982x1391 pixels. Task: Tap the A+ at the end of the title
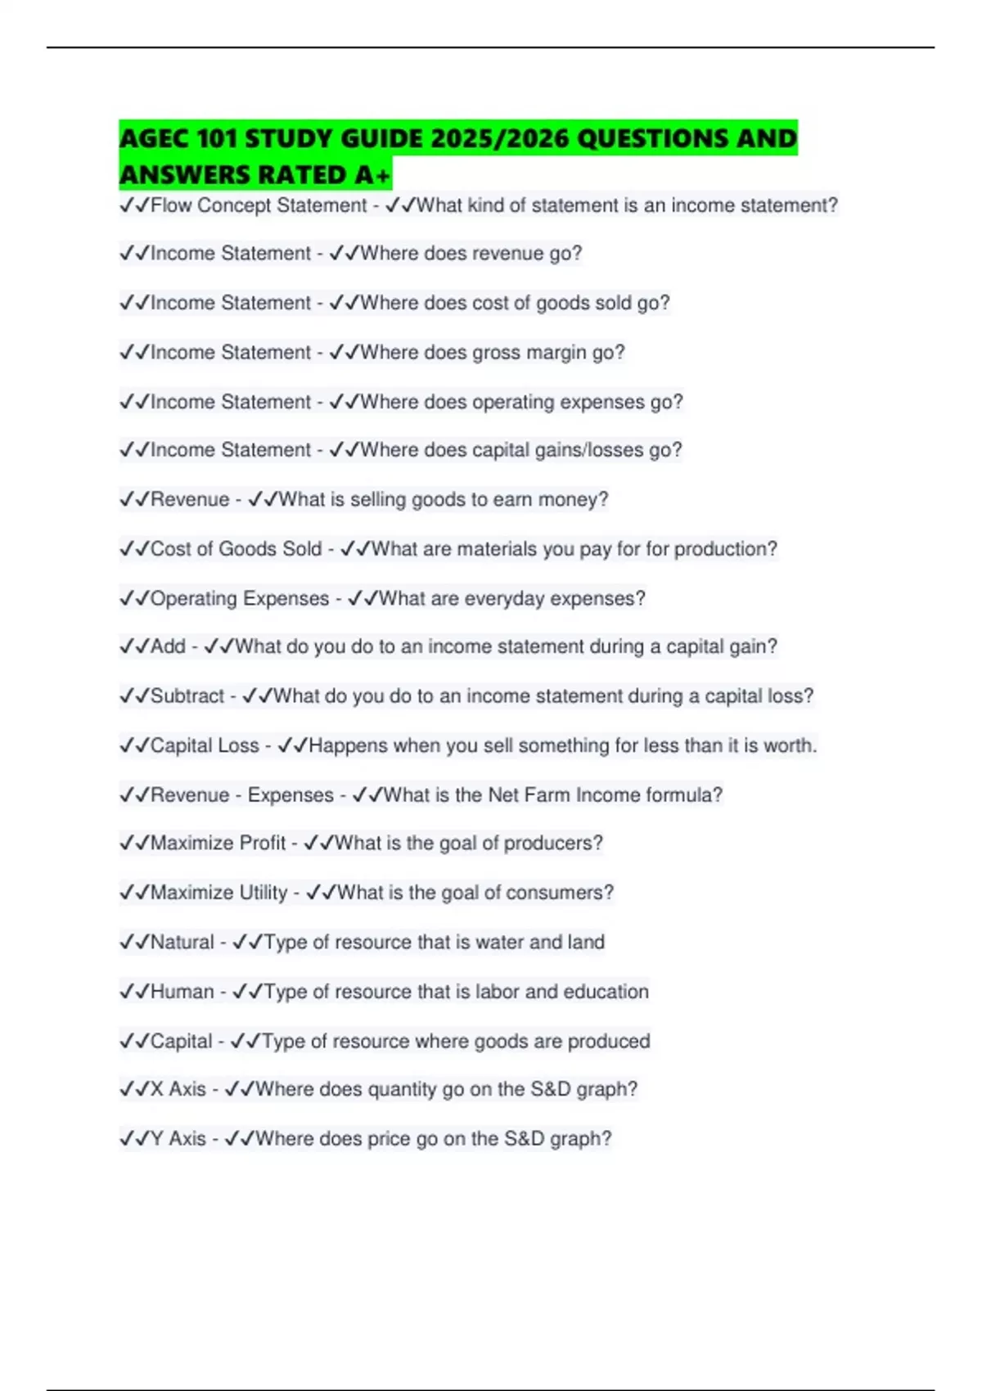click(372, 174)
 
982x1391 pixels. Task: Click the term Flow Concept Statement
click(258, 205)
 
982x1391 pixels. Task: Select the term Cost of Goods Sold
click(236, 549)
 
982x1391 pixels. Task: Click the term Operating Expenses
click(239, 599)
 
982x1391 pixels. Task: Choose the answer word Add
click(168, 646)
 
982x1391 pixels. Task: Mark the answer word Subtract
click(187, 696)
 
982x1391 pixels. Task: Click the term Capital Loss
click(205, 745)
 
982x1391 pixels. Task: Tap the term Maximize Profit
click(218, 843)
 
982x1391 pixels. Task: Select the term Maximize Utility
click(218, 893)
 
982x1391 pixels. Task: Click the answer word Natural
click(182, 943)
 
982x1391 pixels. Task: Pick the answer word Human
click(182, 992)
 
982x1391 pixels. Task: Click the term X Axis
click(178, 1089)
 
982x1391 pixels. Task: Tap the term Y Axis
click(178, 1139)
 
